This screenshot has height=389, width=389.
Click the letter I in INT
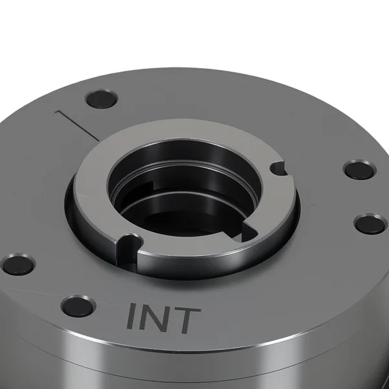pyautogui.click(x=132, y=316)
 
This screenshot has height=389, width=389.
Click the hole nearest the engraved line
pyautogui.click(x=101, y=99)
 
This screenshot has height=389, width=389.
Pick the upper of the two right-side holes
pyautogui.click(x=360, y=170)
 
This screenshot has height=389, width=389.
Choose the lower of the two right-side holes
pyautogui.click(x=371, y=225)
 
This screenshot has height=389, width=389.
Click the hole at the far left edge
pyautogui.click(x=18, y=265)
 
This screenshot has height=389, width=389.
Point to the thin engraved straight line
pyautogui.click(x=77, y=124)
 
